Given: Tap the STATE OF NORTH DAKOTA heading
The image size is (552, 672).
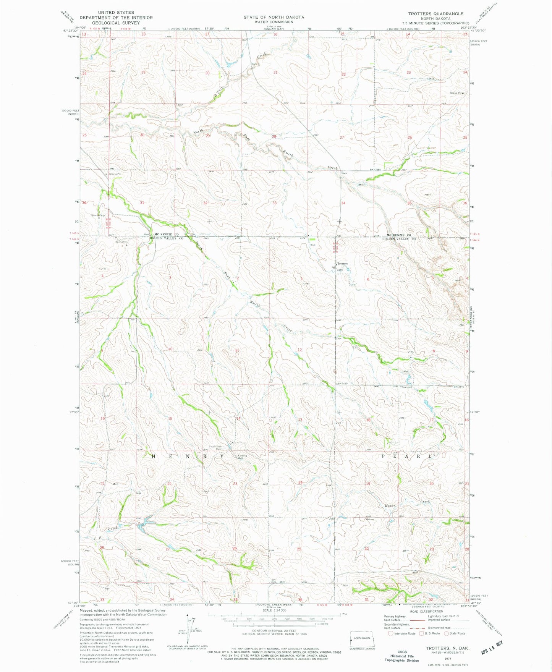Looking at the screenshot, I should pos(274,17).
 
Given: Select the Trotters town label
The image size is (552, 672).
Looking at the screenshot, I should pos(342,264).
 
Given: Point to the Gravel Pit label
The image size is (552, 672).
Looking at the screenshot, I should pos(457,93).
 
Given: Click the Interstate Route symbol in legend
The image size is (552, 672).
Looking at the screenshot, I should pos(390,633).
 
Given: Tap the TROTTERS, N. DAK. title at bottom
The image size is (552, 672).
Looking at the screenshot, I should pos(447,648).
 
